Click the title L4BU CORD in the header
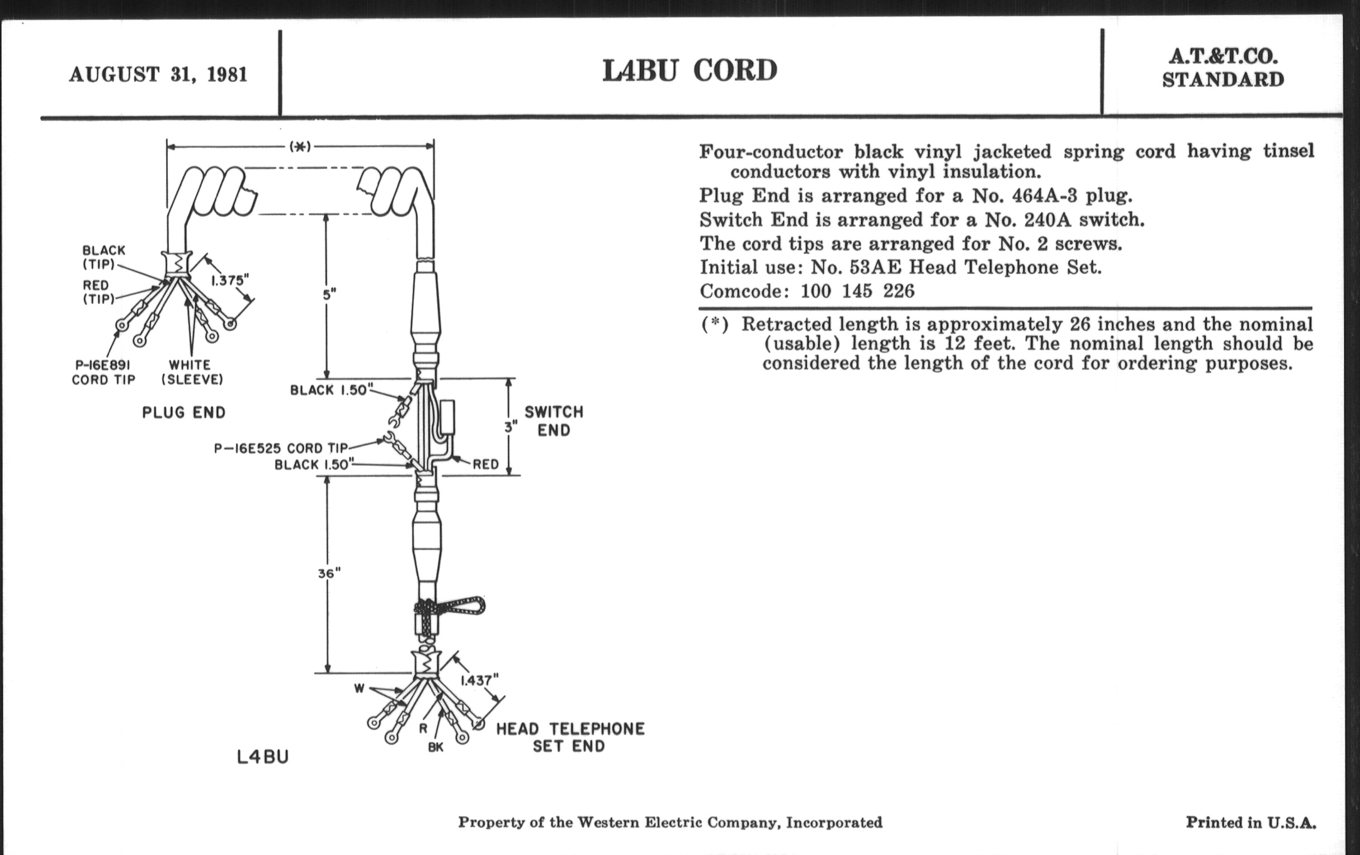(690, 71)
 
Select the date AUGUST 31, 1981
(158, 74)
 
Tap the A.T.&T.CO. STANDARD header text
(1224, 68)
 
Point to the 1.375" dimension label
(230, 281)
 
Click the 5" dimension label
(329, 294)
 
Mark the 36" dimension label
(329, 573)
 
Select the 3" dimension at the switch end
(511, 427)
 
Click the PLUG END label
(183, 412)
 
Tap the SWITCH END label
(554, 421)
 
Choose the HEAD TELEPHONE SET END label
(570, 737)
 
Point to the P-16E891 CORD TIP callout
(103, 373)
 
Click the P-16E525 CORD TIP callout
(281, 449)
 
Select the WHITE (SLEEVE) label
(192, 373)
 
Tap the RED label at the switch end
(486, 464)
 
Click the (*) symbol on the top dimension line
(300, 146)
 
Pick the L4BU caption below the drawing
(263, 757)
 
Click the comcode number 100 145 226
(857, 291)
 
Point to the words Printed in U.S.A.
(1250, 822)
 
